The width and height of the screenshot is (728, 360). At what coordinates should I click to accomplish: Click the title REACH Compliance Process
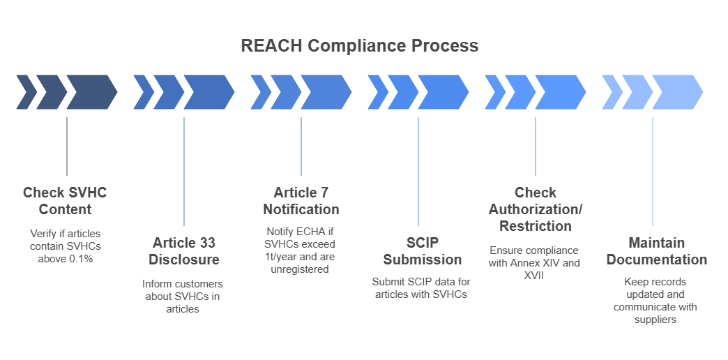pyautogui.click(x=359, y=46)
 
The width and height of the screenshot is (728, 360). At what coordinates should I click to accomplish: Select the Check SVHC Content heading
pyautogui.click(x=65, y=201)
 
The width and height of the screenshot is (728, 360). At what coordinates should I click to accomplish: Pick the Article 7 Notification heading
pyautogui.click(x=301, y=201)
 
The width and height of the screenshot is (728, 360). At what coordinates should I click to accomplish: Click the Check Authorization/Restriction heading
pyautogui.click(x=535, y=209)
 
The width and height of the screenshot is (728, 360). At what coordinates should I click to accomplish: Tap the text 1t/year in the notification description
pyautogui.click(x=279, y=257)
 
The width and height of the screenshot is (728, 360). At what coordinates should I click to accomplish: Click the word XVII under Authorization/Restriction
pyautogui.click(x=534, y=275)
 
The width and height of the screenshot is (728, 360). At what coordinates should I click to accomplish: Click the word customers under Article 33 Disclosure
pyautogui.click(x=201, y=284)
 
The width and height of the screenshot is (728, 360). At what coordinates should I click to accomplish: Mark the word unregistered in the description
pyautogui.click(x=301, y=269)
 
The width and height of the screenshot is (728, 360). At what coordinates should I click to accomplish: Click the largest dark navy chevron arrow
pyautogui.click(x=92, y=91)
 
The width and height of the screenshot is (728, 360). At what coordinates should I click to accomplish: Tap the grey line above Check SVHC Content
pyautogui.click(x=67, y=147)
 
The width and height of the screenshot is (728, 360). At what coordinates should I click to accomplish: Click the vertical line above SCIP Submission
pyautogui.click(x=418, y=171)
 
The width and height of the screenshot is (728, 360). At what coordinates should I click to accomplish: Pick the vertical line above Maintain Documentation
pyautogui.click(x=653, y=171)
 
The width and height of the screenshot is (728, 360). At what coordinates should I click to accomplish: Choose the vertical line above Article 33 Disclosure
pyautogui.click(x=184, y=171)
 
